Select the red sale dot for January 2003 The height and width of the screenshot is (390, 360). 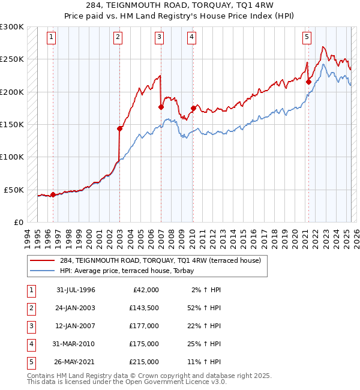[x=120, y=128]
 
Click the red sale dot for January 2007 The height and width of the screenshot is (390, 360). [x=161, y=107]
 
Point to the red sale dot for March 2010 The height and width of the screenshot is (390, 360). [x=193, y=109]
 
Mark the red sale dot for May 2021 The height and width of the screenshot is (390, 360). [x=308, y=82]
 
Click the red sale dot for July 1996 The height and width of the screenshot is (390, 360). [x=53, y=194]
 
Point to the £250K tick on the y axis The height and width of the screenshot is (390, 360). [x=13, y=59]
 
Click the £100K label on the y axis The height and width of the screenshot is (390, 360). [x=13, y=157]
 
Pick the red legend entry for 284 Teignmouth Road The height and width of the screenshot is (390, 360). [x=160, y=260]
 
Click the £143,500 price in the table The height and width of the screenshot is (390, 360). [x=143, y=308]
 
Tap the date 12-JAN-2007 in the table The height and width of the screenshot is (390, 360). [x=76, y=326]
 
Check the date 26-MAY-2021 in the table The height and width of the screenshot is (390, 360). [x=76, y=362]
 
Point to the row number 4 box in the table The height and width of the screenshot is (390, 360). [x=31, y=344]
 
